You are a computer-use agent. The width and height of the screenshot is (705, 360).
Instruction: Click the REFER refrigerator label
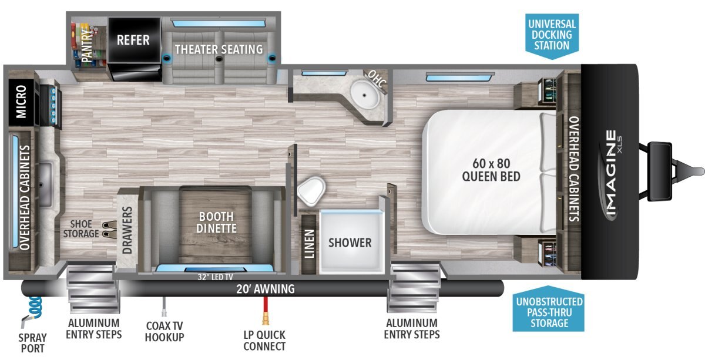coord(133,41)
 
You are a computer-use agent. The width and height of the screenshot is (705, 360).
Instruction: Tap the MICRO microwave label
coord(21,102)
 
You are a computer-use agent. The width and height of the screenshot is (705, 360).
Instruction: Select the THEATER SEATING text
coord(219,49)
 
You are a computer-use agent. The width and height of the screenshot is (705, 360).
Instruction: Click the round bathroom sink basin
coord(365,95)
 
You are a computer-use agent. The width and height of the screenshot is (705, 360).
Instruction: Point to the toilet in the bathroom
coord(311,191)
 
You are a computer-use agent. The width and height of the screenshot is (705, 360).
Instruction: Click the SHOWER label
coord(350,243)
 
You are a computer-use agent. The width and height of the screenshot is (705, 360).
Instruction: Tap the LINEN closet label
coord(309,244)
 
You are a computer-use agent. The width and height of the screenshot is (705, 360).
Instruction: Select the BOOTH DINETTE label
coord(217,222)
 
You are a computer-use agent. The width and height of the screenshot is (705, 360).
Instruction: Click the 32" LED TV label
coord(215,277)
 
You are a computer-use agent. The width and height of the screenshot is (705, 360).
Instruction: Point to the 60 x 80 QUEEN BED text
coord(491,170)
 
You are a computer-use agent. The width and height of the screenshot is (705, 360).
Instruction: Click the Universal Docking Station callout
coord(552,36)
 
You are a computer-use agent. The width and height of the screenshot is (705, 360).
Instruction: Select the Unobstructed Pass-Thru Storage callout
coord(549,309)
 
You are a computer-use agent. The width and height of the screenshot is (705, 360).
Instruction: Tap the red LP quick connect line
coord(266,310)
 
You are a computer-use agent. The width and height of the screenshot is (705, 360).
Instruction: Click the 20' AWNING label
coord(266,289)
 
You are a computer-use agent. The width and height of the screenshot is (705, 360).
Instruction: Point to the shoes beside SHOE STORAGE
coord(109,229)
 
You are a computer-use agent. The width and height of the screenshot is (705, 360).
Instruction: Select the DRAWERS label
coord(127,230)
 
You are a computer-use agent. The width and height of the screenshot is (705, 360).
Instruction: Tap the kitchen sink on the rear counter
coord(45,185)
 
